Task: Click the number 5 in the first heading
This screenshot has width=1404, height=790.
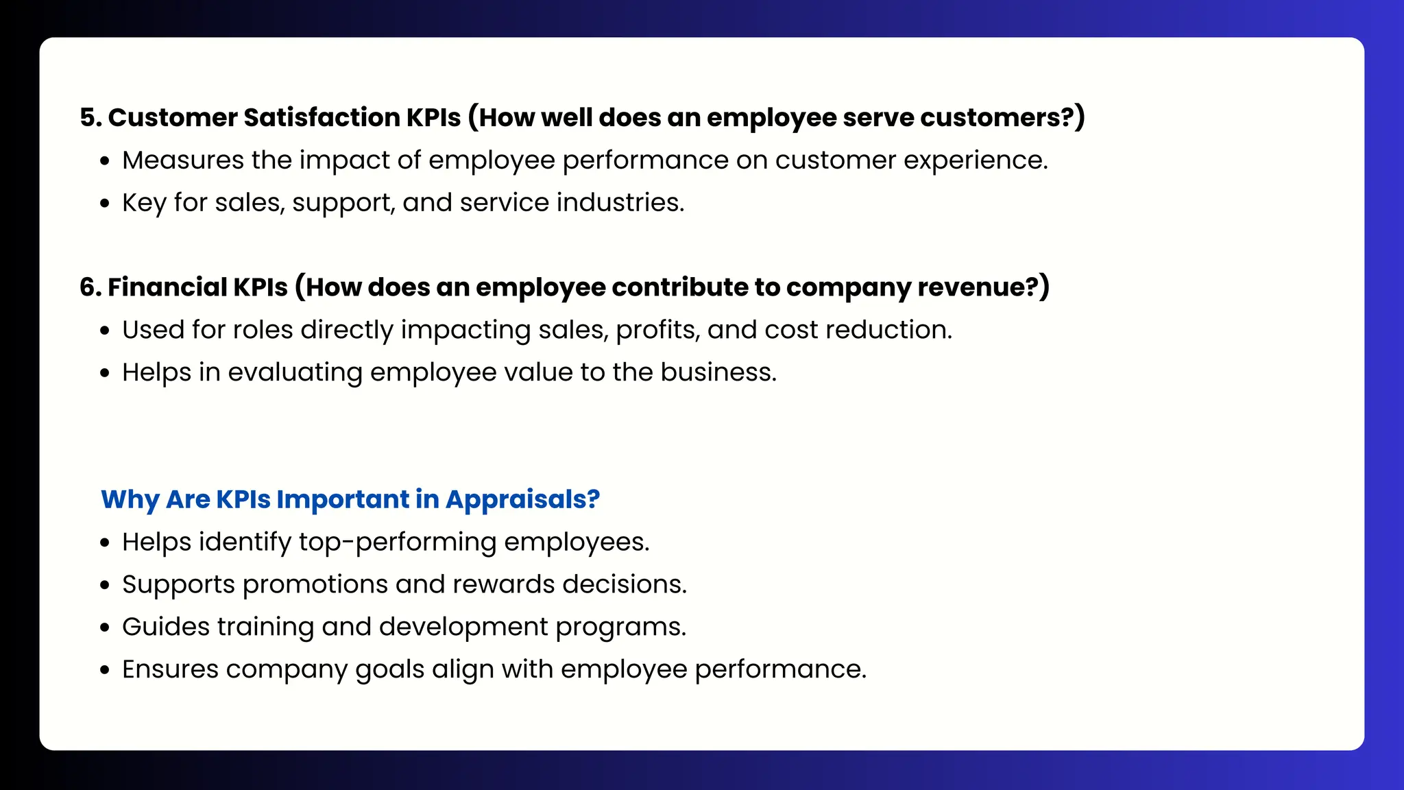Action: coord(86,118)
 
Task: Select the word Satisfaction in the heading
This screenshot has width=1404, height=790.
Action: coord(322,118)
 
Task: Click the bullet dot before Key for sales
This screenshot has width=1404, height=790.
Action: coord(105,204)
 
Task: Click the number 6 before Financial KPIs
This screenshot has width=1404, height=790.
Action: coord(86,287)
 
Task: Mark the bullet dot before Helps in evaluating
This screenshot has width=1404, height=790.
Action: coord(105,374)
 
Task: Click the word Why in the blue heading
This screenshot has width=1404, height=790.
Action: coord(130,500)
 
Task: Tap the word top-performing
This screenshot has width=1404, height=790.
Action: coord(398,542)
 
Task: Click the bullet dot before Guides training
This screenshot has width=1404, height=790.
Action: coord(105,628)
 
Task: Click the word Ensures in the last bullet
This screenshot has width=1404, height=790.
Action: coord(170,669)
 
